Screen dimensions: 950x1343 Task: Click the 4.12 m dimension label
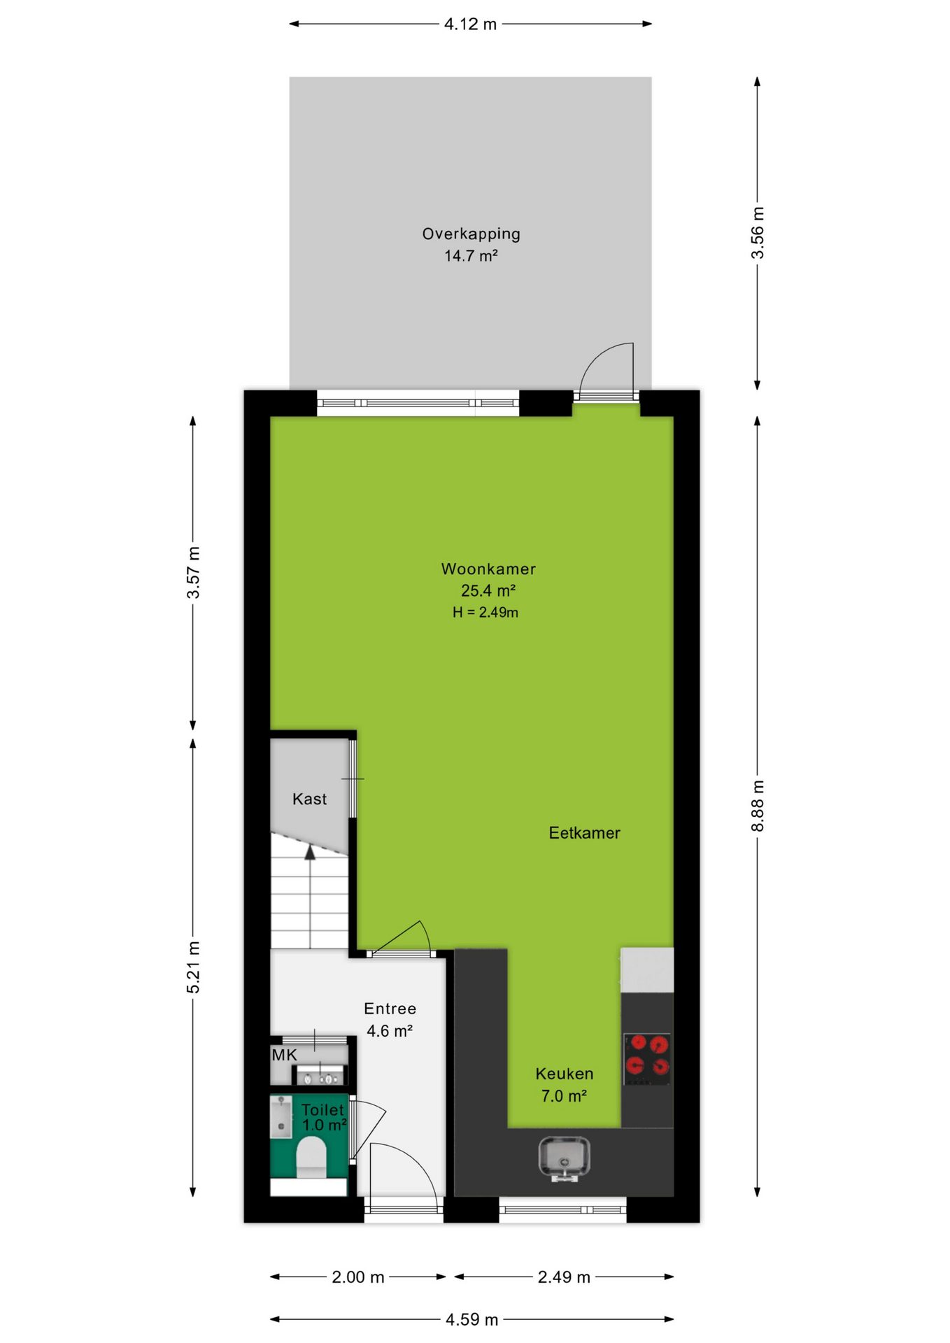(471, 24)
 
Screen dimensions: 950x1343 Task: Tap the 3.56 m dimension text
(758, 233)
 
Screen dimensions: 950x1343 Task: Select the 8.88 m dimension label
(758, 806)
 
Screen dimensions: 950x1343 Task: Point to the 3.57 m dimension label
(193, 573)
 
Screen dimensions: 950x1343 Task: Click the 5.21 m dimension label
(193, 967)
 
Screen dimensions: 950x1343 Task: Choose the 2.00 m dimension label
(358, 1277)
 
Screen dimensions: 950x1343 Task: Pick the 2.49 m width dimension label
(564, 1277)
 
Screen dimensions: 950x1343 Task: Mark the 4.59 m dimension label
(472, 1320)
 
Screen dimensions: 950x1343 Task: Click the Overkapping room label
(471, 234)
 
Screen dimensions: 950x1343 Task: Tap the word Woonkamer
(488, 569)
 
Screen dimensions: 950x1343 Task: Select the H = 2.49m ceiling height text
(485, 613)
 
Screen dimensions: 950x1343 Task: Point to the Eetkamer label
(584, 833)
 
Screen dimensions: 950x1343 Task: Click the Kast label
(309, 800)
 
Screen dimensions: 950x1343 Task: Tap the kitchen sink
(564, 1158)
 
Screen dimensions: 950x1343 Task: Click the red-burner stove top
(647, 1058)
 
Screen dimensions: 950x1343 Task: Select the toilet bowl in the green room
(311, 1158)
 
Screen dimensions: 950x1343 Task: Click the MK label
(284, 1056)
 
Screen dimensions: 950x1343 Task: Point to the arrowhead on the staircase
(310, 851)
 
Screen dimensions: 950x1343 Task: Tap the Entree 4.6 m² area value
(390, 1031)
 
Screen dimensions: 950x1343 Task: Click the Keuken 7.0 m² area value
(564, 1096)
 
